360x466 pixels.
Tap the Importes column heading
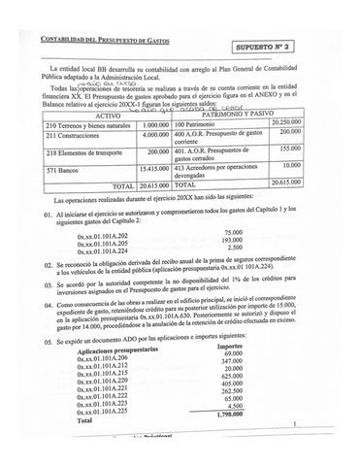230,346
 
